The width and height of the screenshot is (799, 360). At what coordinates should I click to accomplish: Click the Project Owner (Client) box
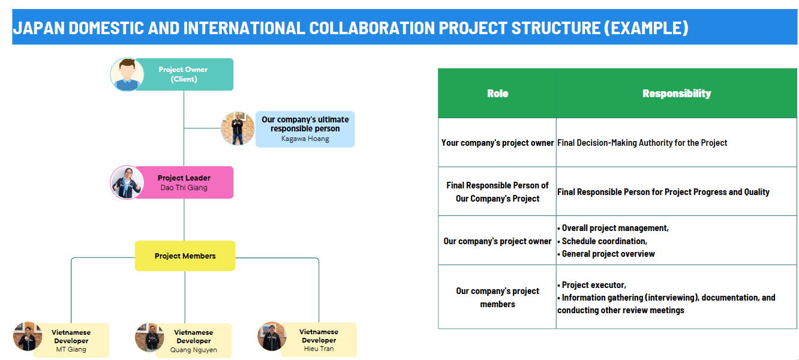click(x=184, y=74)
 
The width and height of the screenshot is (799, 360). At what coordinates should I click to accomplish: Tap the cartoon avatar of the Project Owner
click(x=127, y=74)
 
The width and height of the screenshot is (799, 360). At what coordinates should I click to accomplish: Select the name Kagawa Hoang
click(x=305, y=139)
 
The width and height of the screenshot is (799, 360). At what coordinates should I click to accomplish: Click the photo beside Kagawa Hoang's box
click(x=238, y=128)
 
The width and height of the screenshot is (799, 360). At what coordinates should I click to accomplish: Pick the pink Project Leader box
click(x=184, y=182)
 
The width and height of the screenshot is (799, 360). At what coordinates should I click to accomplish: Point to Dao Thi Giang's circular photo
click(x=127, y=182)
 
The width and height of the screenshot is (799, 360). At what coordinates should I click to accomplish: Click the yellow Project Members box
click(x=185, y=256)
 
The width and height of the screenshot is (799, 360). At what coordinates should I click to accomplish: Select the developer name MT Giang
click(x=71, y=349)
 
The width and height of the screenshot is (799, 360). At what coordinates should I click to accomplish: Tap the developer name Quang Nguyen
click(x=193, y=350)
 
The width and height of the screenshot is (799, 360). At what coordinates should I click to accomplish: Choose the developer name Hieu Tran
click(x=319, y=349)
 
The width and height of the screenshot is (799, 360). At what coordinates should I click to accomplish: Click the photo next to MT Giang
click(x=28, y=337)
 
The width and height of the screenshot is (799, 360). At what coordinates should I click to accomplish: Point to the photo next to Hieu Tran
click(x=272, y=336)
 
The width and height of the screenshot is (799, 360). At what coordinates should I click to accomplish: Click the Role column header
click(x=497, y=94)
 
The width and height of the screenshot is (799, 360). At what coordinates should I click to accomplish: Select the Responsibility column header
click(x=676, y=94)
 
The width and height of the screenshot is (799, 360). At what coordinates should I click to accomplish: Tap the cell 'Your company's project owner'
click(x=497, y=143)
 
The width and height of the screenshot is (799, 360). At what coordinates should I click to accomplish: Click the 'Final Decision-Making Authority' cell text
click(x=642, y=143)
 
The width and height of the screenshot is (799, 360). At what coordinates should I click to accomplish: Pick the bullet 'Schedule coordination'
click(x=604, y=241)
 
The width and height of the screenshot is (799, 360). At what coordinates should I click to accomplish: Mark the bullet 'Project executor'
click(x=594, y=285)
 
